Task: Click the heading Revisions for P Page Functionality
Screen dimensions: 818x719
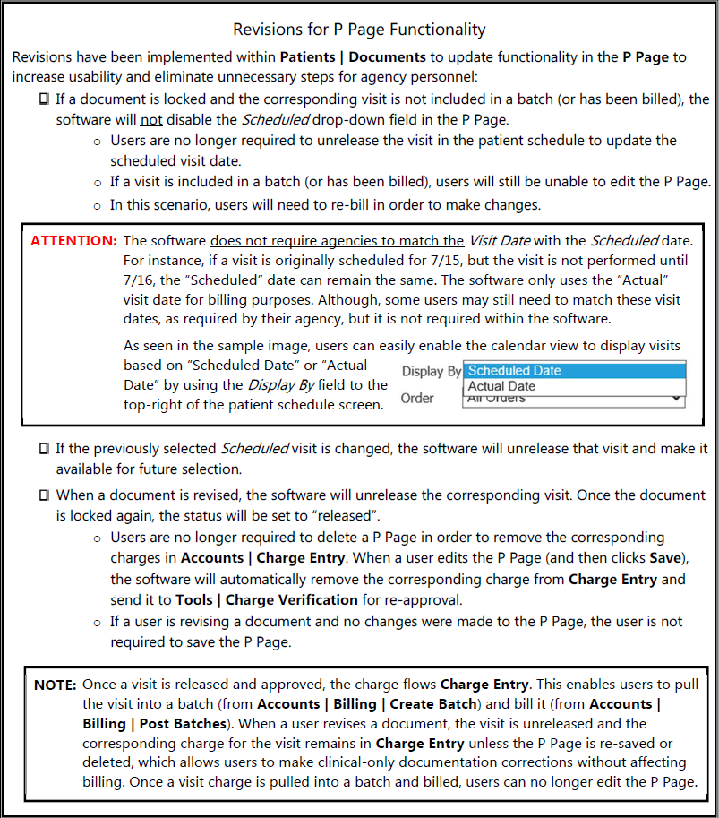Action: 359,30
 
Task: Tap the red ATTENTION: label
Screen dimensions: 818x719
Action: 73,241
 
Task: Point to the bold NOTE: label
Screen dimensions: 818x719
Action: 55,685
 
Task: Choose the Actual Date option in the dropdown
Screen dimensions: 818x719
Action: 501,386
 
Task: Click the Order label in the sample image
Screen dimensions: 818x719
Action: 417,398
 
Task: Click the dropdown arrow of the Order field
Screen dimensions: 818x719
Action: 675,399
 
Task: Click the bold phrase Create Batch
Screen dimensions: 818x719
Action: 435,704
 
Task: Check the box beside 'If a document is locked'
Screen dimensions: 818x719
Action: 44,99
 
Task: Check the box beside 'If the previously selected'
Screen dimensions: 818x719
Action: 44,448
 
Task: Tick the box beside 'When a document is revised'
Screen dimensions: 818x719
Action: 44,495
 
